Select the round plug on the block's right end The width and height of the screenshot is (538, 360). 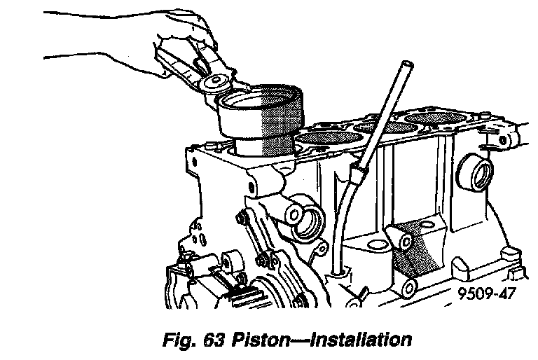click(474, 172)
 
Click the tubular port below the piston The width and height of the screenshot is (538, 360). click(306, 223)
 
